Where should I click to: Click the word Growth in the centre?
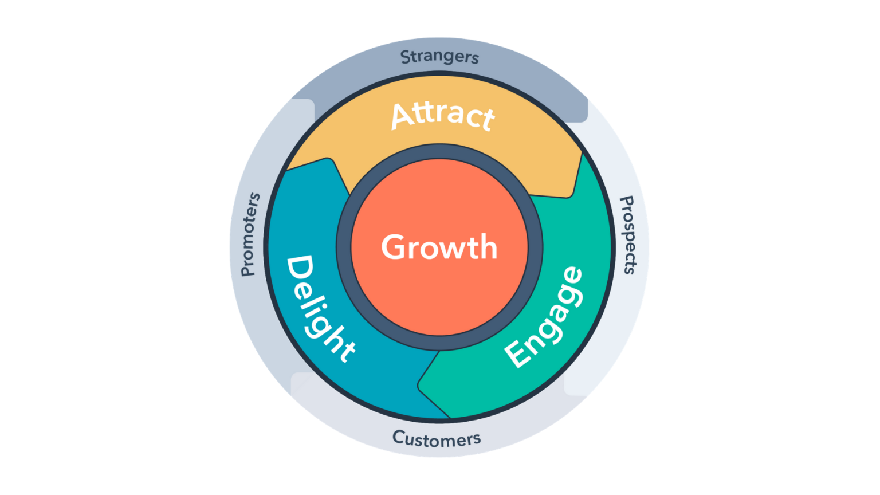click(439, 247)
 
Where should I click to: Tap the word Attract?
click(442, 115)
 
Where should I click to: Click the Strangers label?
click(439, 57)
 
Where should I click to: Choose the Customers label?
click(437, 439)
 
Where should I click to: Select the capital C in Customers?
click(399, 437)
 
